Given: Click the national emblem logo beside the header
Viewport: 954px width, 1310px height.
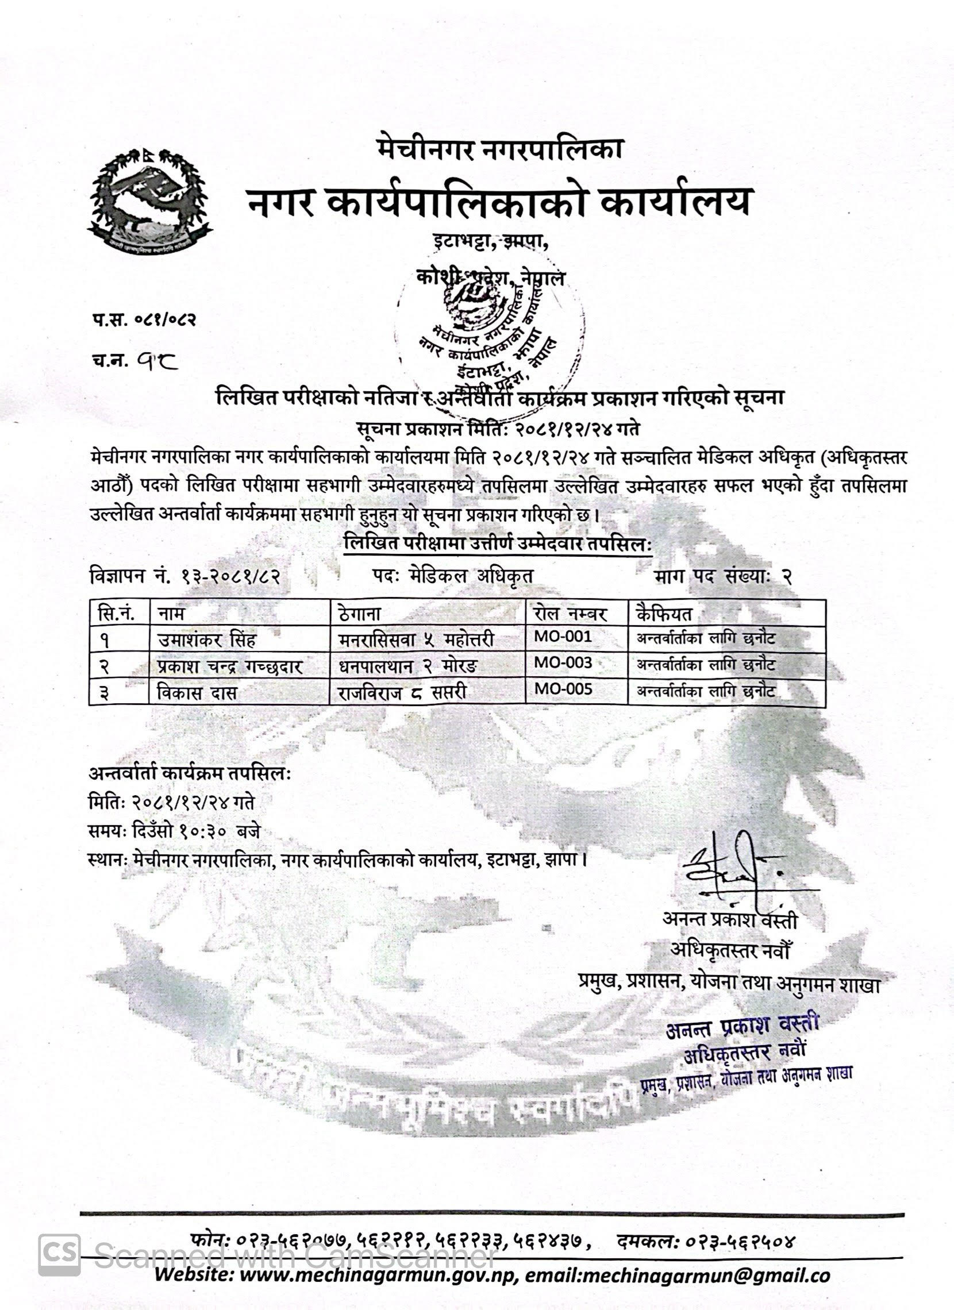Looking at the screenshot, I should pyautogui.click(x=149, y=200).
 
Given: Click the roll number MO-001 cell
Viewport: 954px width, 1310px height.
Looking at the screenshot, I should pyautogui.click(x=563, y=637).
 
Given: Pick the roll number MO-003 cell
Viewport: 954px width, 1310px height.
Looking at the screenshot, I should pyautogui.click(x=563, y=662).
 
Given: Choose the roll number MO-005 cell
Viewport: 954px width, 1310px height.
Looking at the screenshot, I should pyautogui.click(x=563, y=688).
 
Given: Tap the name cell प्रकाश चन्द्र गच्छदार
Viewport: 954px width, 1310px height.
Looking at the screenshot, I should pyautogui.click(x=230, y=666).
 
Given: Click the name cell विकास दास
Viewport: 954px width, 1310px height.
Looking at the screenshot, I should pyautogui.click(x=197, y=692).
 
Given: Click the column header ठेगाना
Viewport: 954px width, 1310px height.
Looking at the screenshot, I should pyautogui.click(x=359, y=614).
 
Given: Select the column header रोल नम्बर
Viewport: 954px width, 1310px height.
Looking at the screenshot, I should pyautogui.click(x=570, y=614).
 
